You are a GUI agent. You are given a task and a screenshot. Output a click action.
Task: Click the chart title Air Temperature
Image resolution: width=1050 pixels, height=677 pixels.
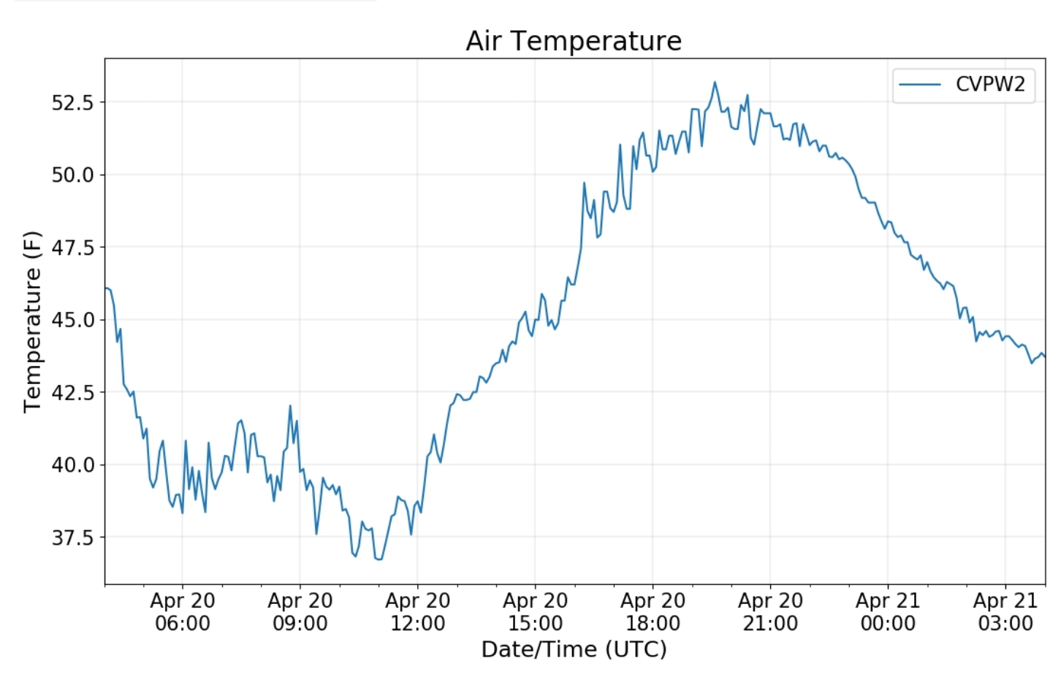pyautogui.click(x=574, y=41)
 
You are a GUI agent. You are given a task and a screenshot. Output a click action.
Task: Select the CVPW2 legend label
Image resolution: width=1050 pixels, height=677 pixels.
pyautogui.click(x=990, y=85)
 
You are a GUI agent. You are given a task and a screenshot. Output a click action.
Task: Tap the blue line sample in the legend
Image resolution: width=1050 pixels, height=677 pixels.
pyautogui.click(x=920, y=85)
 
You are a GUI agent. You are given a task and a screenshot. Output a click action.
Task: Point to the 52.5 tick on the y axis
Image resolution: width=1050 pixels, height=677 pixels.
pyautogui.click(x=72, y=102)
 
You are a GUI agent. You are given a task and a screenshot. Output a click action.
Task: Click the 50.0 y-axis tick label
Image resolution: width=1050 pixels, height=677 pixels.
pyautogui.click(x=72, y=175)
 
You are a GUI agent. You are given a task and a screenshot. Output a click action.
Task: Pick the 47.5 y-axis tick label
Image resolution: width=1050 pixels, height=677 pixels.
pyautogui.click(x=72, y=248)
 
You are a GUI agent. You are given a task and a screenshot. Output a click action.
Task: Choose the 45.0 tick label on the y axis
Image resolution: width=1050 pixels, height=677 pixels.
pyautogui.click(x=72, y=320)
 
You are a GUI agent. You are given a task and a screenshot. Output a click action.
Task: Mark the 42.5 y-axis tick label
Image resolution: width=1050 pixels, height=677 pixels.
pyautogui.click(x=72, y=392)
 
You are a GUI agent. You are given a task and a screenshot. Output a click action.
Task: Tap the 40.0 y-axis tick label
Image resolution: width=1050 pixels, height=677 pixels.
pyautogui.click(x=72, y=465)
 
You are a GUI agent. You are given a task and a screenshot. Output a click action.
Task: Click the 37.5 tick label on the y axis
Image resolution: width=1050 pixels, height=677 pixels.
pyautogui.click(x=72, y=538)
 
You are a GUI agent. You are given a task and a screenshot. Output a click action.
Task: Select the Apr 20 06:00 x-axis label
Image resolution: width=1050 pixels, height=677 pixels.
pyautogui.click(x=183, y=612)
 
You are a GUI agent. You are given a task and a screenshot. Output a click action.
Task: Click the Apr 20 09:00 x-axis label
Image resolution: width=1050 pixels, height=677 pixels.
pyautogui.click(x=300, y=612)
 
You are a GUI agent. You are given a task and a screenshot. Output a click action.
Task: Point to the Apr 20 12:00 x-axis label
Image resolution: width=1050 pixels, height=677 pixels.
pyautogui.click(x=418, y=612)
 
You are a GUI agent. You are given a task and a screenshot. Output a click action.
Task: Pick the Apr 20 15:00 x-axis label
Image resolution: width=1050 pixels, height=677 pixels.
pyautogui.click(x=536, y=612)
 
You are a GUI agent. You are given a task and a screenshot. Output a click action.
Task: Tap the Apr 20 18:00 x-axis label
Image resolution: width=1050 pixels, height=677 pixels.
pyautogui.click(x=653, y=612)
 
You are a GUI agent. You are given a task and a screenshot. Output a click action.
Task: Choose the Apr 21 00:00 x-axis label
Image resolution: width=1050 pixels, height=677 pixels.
pyautogui.click(x=888, y=612)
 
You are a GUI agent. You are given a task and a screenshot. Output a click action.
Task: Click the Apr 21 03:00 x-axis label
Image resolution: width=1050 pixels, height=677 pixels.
pyautogui.click(x=1005, y=612)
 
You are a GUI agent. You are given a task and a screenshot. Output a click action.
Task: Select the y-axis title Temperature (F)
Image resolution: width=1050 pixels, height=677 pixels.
pyautogui.click(x=33, y=321)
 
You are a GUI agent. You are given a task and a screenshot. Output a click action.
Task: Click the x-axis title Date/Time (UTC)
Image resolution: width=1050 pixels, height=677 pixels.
pyautogui.click(x=574, y=649)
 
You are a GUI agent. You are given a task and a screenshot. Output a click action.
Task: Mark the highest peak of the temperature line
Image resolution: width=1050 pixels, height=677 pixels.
pyautogui.click(x=715, y=83)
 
